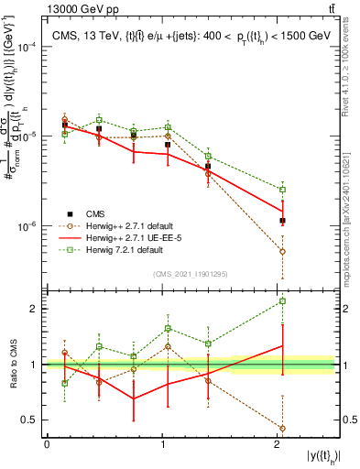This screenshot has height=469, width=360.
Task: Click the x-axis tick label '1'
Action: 162,444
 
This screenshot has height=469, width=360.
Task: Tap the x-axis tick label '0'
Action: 47,444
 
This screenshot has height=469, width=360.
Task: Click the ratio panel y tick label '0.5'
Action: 33,420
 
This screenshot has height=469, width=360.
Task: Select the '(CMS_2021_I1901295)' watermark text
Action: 191,274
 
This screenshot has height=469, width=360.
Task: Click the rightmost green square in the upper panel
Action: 283,190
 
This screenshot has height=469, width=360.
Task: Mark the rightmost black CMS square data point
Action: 283,221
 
